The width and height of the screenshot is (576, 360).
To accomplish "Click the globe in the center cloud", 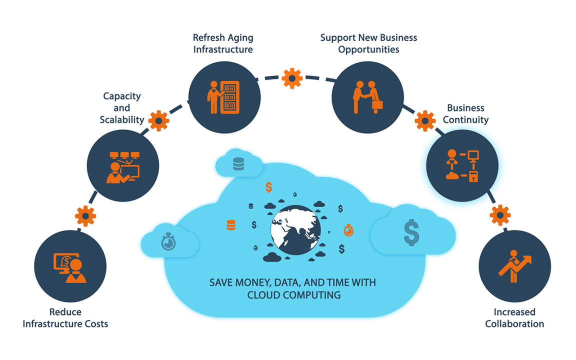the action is coord(295,230).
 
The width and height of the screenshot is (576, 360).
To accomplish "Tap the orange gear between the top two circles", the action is coord(292,78).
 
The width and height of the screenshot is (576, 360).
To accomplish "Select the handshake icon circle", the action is coord(367,97).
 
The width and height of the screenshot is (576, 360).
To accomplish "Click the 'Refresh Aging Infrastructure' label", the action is coord(223,43).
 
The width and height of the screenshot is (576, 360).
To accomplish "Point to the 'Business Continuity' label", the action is coord(465,113).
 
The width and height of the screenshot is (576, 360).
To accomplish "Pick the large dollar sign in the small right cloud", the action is coord(411,232).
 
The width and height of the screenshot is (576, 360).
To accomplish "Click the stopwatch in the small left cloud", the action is coord(168,241).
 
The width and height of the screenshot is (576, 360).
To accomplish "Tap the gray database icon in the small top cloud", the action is coord(238,164).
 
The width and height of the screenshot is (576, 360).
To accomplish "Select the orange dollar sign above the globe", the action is coord(269,187).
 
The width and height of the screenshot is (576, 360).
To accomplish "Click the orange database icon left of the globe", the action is coord(231,225).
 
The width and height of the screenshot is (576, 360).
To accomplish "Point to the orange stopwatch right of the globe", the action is coord(348,230).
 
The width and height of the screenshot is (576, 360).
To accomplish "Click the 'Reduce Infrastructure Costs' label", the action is coord(65,318).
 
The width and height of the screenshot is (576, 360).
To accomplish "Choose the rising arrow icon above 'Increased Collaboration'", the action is coord(514,266).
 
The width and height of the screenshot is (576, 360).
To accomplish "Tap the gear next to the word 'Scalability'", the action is coord(158,120).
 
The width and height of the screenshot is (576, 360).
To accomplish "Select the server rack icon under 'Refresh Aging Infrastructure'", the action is coord(229,97).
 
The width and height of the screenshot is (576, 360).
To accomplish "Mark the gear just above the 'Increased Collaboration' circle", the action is coord(500,215).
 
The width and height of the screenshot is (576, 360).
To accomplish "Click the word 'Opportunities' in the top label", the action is coord(368,49).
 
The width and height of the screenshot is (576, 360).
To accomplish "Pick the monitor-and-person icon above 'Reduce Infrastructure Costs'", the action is coord(70,268).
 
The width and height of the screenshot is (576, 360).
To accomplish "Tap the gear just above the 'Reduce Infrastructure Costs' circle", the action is coord(85,216).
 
